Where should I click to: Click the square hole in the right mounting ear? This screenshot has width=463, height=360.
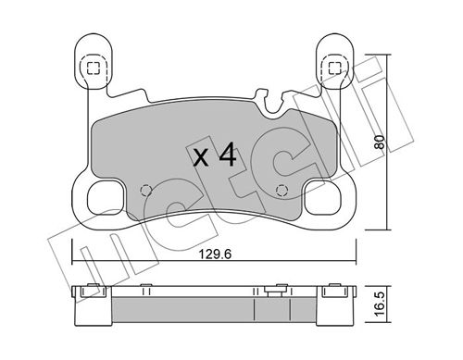click(332, 67)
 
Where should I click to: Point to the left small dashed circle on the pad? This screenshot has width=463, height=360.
click(144, 191)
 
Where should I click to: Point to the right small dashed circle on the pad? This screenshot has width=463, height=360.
click(283, 192)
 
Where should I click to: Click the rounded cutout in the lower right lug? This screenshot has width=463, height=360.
click(324, 197)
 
